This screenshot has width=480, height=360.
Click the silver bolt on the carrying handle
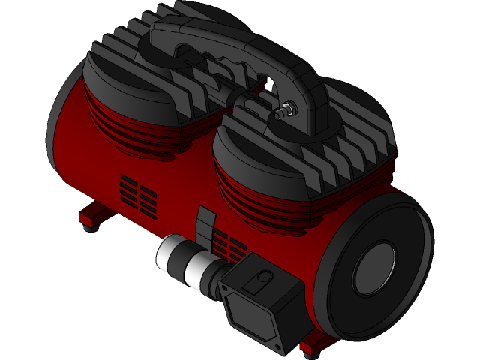click(x=282, y=113)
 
